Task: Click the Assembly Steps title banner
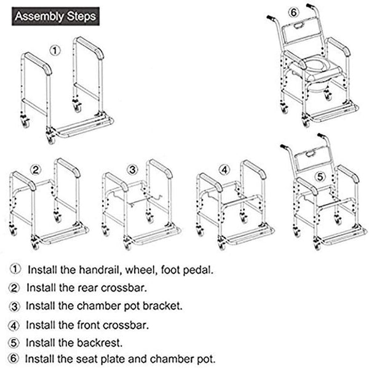[56, 15]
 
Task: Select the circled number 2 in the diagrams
[36, 170]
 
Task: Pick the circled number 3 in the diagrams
[132, 170]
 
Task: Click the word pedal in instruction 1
[200, 269]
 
